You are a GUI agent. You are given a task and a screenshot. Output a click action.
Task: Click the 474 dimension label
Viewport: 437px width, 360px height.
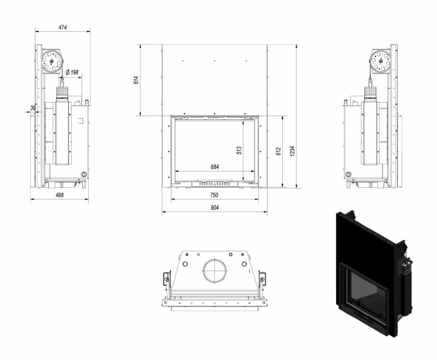pos(63,27)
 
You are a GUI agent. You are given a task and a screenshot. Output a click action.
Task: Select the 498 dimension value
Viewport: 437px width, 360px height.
pos(59,195)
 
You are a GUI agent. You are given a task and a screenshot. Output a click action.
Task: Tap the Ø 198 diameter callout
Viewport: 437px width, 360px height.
pos(72,73)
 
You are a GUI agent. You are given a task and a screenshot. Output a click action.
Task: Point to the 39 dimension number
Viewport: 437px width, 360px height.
pos(33,108)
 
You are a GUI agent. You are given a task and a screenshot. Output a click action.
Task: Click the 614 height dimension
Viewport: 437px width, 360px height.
pos(137,80)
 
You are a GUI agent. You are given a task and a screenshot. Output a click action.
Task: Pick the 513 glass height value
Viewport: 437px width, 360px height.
pos(239,150)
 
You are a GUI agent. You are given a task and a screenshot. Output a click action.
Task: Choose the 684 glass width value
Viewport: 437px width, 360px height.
pos(214,167)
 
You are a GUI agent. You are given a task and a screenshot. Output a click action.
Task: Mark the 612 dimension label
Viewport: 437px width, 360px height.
pos(278,151)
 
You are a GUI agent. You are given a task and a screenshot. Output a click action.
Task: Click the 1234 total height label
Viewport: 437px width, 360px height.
pos(292,151)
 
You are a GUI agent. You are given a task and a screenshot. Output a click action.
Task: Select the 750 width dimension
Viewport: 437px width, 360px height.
pos(214,195)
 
